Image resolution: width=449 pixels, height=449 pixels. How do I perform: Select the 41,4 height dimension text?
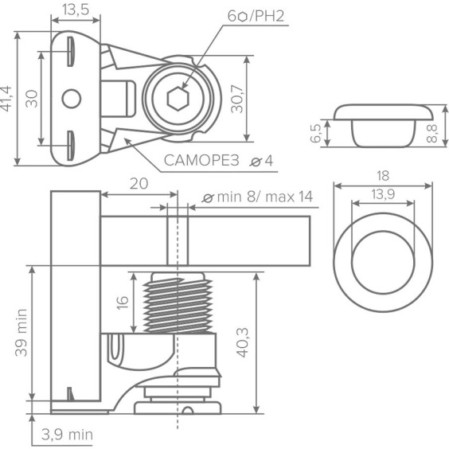pyautogui.click(x=6, y=99)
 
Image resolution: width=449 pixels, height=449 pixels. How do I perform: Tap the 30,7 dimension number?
pyautogui.click(x=237, y=99)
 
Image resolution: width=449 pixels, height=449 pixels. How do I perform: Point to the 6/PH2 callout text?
pyautogui.click(x=256, y=17)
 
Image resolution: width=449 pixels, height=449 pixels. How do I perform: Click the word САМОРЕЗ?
pyautogui.click(x=201, y=160)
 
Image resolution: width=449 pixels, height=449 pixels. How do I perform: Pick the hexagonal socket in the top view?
pyautogui.click(x=178, y=99)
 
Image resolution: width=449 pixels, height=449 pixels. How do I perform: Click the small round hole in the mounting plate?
pyautogui.click(x=72, y=99)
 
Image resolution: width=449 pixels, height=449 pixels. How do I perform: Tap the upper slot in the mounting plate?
pyautogui.click(x=70, y=52)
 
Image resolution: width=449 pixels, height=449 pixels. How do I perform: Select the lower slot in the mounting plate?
pyautogui.click(x=70, y=146)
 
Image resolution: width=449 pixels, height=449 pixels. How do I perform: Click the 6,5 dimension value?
pyautogui.click(x=316, y=134)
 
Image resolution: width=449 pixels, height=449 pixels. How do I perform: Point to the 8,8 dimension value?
pyautogui.click(x=431, y=133)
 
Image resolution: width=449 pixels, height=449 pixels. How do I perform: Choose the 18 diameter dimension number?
pyautogui.click(x=383, y=175)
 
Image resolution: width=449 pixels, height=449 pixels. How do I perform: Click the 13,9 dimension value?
pyautogui.click(x=383, y=194)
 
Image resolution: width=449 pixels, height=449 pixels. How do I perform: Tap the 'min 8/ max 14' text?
pyautogui.click(x=265, y=197)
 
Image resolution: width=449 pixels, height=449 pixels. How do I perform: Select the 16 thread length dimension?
pyautogui.click(x=123, y=303)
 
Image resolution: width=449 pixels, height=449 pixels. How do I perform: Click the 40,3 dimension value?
pyautogui.click(x=243, y=342)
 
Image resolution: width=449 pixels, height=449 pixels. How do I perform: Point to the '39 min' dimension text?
pyautogui.click(x=21, y=333)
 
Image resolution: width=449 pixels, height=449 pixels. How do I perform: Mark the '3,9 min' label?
pyautogui.click(x=67, y=435)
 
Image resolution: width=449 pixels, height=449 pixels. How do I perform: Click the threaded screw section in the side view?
pyautogui.click(x=178, y=305)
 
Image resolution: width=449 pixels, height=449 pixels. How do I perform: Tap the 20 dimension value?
pyautogui.click(x=139, y=184)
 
